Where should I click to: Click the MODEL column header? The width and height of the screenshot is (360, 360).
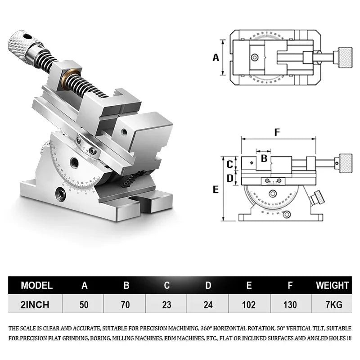click(x=37, y=285)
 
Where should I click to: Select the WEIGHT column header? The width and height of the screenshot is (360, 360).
click(x=332, y=285)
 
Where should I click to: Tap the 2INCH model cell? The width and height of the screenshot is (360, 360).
click(x=35, y=305)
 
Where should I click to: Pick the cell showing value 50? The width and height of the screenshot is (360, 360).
click(x=84, y=305)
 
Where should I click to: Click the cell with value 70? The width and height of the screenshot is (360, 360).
click(x=126, y=305)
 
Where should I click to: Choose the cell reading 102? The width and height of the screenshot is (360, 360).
click(x=249, y=305)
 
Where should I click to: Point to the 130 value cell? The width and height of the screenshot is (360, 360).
click(x=290, y=305)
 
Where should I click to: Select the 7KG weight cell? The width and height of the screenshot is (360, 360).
click(x=334, y=305)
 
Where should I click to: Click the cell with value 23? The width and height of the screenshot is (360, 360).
click(x=166, y=305)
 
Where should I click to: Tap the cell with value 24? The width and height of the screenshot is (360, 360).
click(x=208, y=305)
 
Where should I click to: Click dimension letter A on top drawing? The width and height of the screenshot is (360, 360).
click(x=216, y=58)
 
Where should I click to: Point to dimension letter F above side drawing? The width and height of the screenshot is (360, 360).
click(x=277, y=132)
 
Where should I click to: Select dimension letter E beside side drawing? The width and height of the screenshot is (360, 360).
click(x=216, y=189)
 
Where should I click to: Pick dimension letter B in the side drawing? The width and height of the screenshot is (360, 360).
click(x=264, y=158)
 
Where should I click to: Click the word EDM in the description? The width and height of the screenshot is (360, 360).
click(x=173, y=338)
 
